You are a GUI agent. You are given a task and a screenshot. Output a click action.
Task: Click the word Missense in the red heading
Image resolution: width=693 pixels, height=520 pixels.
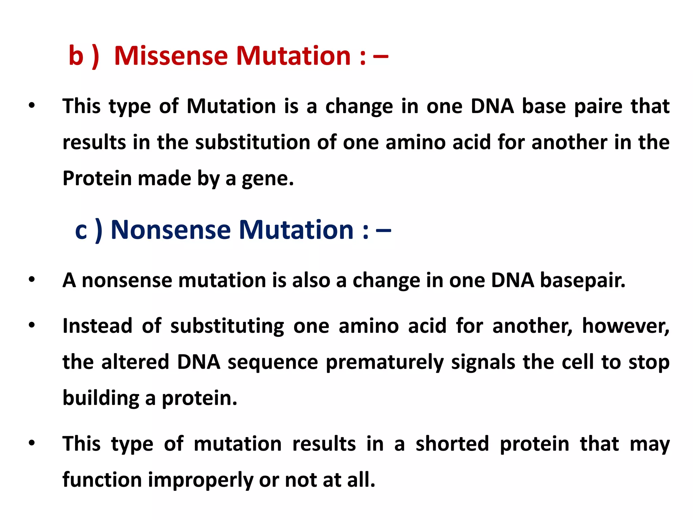tap(171, 56)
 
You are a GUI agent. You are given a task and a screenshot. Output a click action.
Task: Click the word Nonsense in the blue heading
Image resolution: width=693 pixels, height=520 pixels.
tap(171, 230)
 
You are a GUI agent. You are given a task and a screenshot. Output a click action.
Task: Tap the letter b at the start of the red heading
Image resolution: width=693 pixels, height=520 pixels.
tap(76, 56)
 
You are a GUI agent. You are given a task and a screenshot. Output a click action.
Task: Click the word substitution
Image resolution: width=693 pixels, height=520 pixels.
tap(252, 142)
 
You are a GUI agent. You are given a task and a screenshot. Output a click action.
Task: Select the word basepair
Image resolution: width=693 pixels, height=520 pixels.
tap(582, 281)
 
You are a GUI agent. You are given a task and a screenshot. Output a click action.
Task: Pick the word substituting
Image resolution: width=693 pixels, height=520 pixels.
tap(227, 327)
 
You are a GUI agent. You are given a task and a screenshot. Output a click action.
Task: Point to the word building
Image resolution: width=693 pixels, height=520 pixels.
tap(101, 398)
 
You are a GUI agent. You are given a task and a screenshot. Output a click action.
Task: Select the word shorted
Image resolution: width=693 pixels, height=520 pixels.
tap(452, 444)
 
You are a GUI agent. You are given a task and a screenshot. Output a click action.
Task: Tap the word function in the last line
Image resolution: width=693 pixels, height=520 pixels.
tap(102, 480)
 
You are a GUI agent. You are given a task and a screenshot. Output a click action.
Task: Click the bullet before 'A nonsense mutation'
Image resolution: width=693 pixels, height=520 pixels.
tap(32, 280)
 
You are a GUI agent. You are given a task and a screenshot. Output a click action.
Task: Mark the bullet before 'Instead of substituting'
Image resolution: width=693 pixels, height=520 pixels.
tap(32, 325)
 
